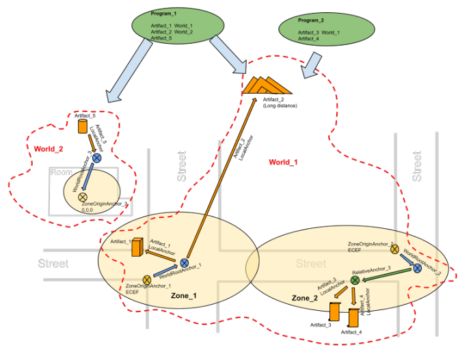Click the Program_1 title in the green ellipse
click(x=165, y=13)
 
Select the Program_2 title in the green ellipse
click(x=311, y=20)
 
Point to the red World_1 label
click(x=283, y=162)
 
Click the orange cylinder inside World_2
click(x=83, y=127)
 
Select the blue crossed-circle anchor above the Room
click(x=96, y=158)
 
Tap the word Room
click(x=62, y=173)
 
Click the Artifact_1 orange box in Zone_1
click(x=136, y=247)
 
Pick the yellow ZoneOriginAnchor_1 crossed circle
click(x=147, y=279)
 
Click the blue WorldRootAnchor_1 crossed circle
click(x=184, y=263)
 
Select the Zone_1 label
click(x=184, y=296)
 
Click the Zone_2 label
click(x=305, y=299)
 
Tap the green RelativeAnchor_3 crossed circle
click(x=355, y=280)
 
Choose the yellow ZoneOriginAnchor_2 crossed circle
click(x=394, y=250)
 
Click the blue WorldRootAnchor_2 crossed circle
click(x=416, y=269)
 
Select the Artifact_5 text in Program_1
click(x=162, y=39)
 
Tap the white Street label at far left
click(x=53, y=263)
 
